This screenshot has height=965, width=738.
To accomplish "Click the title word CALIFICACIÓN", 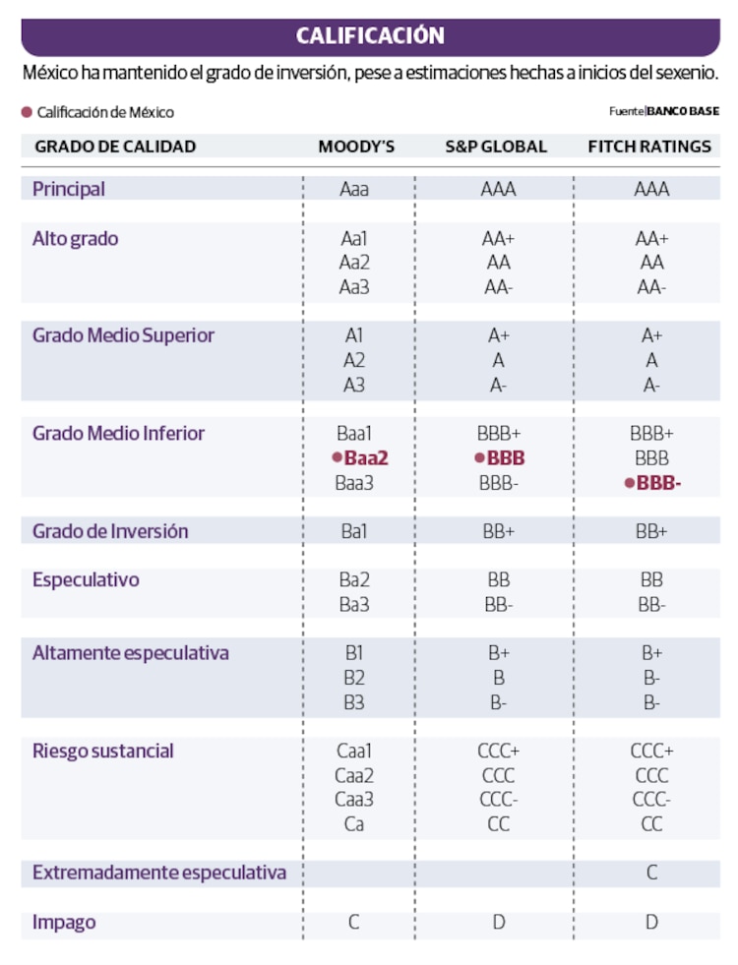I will (x=370, y=36).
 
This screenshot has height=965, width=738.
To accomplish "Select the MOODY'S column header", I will (x=356, y=147).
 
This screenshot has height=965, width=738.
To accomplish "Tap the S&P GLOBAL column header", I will (x=496, y=147).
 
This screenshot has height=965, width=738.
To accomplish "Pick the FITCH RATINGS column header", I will (x=649, y=147).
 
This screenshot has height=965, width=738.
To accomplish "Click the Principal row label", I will (x=69, y=188).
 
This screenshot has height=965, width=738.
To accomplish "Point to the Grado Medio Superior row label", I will (x=123, y=335).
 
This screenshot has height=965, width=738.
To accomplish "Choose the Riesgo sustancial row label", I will (x=102, y=752).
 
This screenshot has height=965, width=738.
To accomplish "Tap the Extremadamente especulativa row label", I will (x=159, y=873).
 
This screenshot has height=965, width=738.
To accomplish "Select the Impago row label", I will (x=64, y=923).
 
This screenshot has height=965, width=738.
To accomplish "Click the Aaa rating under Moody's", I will (x=354, y=189).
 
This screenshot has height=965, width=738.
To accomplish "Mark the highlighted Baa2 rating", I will (x=366, y=458).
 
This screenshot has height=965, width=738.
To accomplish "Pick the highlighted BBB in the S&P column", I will (x=506, y=458).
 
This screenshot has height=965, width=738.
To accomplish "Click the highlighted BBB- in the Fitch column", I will (x=658, y=483).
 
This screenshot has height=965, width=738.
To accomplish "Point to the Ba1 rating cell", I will (x=354, y=531).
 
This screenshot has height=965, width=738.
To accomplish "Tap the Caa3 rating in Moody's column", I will (x=354, y=800).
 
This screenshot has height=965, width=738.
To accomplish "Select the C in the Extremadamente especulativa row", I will (x=651, y=873).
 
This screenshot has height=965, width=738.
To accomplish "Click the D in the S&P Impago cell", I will (x=498, y=923).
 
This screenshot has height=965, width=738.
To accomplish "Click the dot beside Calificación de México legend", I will (x=28, y=112).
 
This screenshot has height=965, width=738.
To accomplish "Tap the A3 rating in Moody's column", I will (x=354, y=385).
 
